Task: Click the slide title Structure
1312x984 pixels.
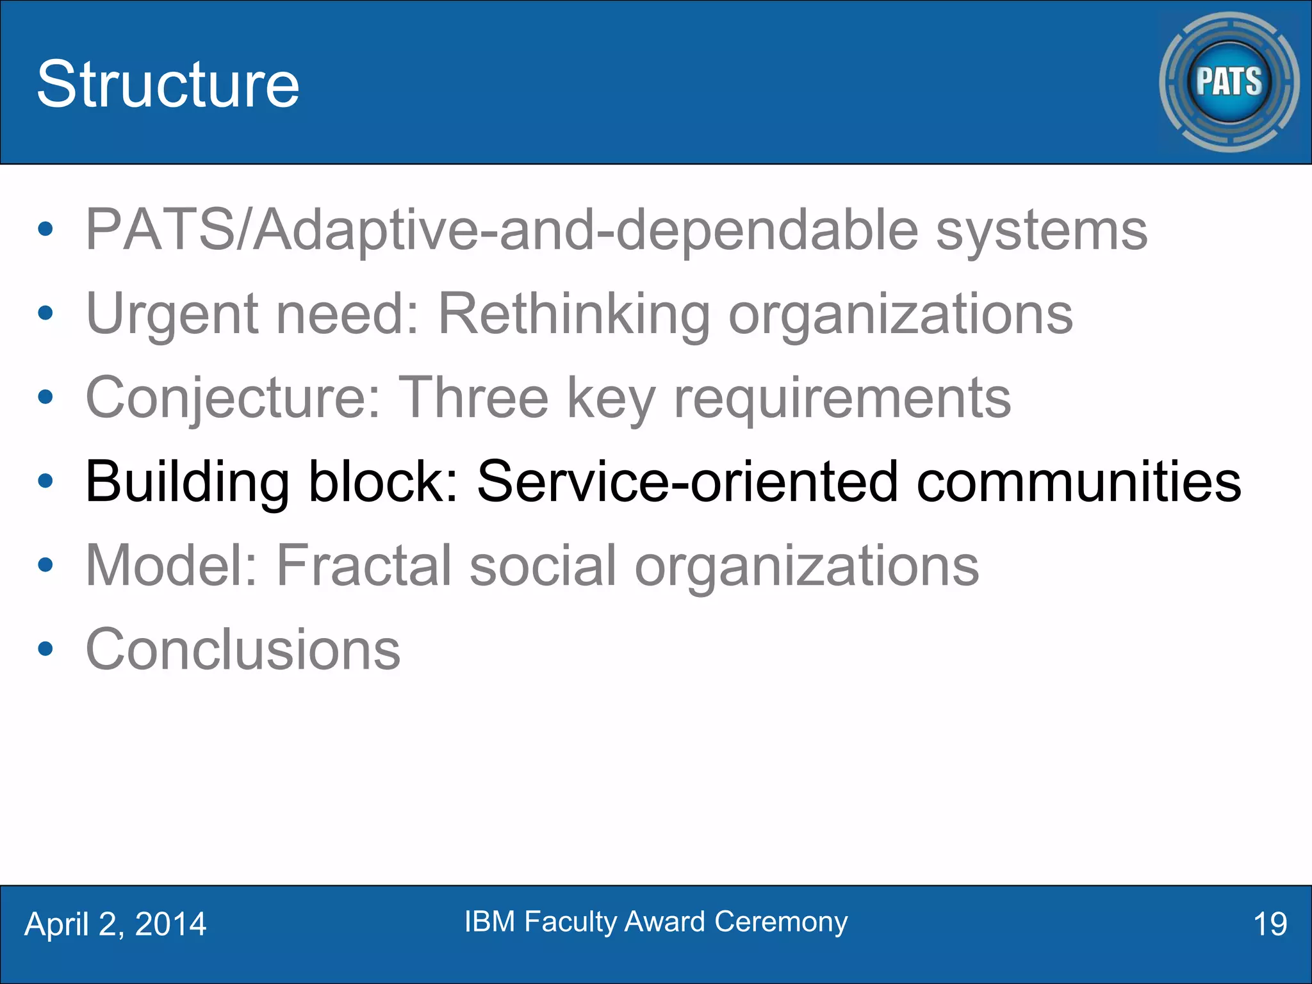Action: (x=168, y=84)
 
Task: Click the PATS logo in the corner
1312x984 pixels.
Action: (x=1229, y=82)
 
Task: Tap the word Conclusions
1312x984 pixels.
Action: (x=243, y=650)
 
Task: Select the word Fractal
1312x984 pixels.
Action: (x=364, y=566)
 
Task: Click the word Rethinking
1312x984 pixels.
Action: (x=573, y=315)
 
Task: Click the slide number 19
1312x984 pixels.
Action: (x=1269, y=924)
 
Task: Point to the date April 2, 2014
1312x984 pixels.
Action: (x=115, y=924)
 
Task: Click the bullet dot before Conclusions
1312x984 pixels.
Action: (x=45, y=649)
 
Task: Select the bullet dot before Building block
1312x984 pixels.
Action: (x=45, y=481)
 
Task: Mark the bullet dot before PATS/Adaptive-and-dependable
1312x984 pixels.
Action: (x=45, y=229)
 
